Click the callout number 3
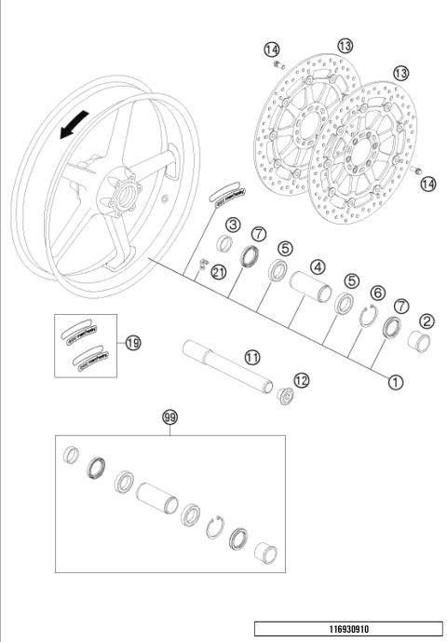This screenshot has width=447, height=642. [x=233, y=225]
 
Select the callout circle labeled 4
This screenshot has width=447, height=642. [x=318, y=266]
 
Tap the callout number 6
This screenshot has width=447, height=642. [x=377, y=293]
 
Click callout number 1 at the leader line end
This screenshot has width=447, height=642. [x=396, y=380]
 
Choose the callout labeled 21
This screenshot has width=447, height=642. [x=218, y=271]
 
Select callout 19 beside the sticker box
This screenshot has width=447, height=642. [x=133, y=343]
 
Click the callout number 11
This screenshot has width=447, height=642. [x=251, y=357]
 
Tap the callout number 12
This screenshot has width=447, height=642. [x=300, y=379]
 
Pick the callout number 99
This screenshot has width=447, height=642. [x=169, y=418]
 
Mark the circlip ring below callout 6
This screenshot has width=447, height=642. [x=370, y=316]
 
